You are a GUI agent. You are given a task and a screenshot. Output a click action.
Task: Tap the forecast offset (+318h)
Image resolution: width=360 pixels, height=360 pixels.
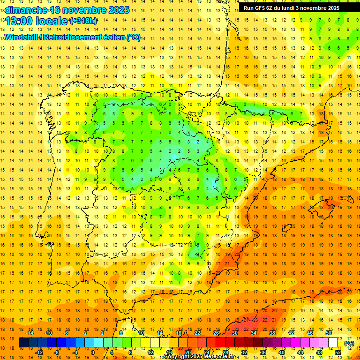83,21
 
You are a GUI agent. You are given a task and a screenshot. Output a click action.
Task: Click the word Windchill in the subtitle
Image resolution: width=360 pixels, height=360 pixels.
21,37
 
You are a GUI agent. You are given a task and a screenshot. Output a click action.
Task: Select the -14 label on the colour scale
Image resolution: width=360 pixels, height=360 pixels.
30,333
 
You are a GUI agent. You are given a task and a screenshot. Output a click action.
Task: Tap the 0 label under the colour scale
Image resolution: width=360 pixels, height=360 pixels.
93,352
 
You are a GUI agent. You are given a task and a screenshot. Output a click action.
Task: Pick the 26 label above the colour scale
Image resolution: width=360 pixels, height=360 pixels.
216,333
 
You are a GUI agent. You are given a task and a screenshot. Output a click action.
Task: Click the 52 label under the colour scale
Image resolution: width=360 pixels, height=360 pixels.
337,352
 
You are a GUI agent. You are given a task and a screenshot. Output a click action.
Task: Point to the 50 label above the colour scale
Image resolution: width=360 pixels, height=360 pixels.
329,333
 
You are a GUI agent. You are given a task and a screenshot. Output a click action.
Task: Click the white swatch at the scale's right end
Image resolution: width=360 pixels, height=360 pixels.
333,343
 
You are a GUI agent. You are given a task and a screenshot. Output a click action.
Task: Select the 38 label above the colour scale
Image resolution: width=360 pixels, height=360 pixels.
272,333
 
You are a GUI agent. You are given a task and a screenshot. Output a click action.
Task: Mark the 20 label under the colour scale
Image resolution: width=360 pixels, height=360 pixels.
187,352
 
